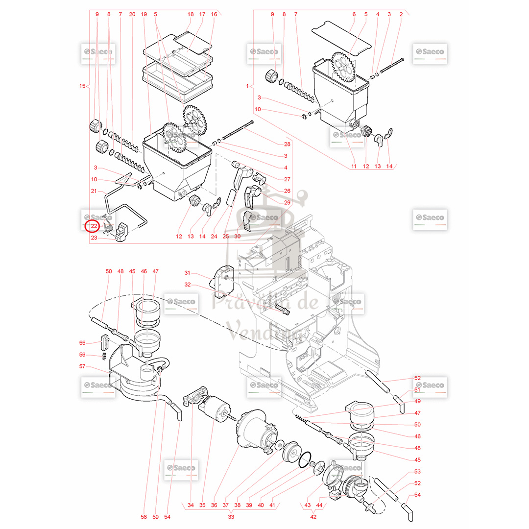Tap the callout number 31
point(187,273)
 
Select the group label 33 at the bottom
point(231,516)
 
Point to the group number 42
point(313,516)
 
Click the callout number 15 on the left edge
point(82,86)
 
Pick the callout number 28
point(287,144)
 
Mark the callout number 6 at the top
point(354,14)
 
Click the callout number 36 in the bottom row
point(214,505)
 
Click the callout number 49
point(417,401)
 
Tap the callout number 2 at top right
point(401,14)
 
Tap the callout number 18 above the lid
point(191,14)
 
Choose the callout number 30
point(238,236)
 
